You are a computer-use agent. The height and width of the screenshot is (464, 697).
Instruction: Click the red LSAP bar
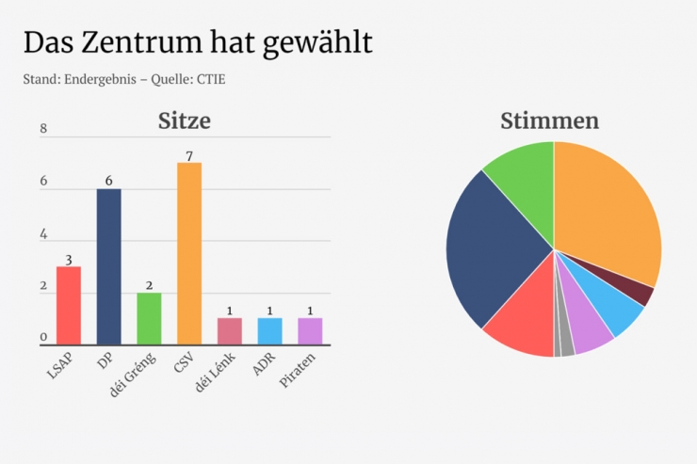pos(69,305)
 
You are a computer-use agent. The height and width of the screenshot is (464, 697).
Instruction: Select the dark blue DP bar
pos(108,266)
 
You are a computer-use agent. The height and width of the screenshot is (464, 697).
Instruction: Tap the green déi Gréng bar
pos(149,318)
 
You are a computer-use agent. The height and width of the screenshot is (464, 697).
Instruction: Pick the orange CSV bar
pos(189,253)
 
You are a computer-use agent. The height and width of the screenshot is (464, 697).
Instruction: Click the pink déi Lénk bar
pos(230,330)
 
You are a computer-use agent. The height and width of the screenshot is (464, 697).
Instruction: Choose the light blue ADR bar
pos(269,330)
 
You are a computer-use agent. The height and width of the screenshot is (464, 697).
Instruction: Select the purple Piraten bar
pos(310,330)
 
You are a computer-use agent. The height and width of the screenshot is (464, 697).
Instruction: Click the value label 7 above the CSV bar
pos(189,155)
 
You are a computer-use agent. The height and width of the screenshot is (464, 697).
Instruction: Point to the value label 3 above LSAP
pos(69,259)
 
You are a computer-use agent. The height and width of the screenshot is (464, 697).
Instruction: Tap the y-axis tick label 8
pos(43,130)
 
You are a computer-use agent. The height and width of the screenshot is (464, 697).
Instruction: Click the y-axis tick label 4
pos(43,234)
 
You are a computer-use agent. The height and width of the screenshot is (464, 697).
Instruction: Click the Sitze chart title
pos(184,120)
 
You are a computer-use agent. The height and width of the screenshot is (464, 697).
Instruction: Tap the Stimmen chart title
pos(549,120)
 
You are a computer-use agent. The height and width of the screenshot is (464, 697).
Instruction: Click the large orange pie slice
pos(608,212)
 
